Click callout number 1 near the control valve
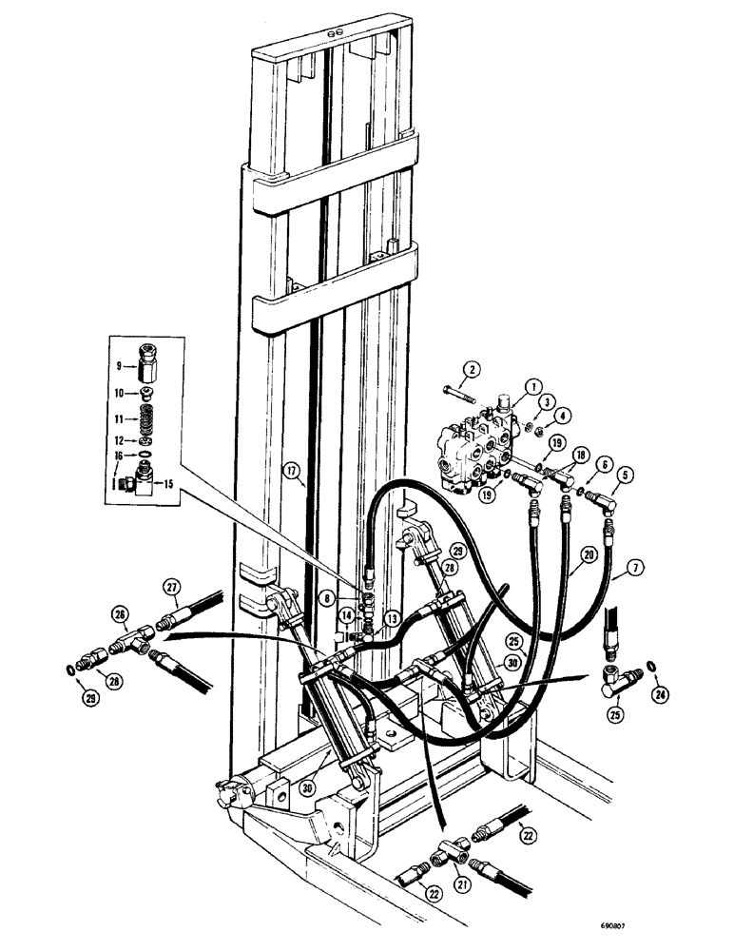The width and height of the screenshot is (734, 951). [534, 386]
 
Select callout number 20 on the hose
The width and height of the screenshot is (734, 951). [589, 555]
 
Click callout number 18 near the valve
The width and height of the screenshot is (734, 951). [581, 456]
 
